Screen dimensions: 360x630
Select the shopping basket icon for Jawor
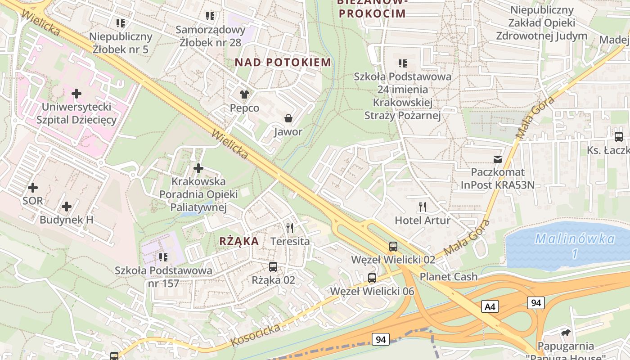click(x=288, y=118)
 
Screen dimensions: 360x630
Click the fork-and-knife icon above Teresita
click(x=290, y=228)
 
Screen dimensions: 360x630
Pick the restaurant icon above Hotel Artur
click(x=422, y=207)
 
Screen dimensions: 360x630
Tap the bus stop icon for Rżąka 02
click(x=273, y=267)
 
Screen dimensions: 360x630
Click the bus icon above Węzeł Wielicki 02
click(x=393, y=246)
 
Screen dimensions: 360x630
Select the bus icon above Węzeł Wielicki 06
click(x=372, y=278)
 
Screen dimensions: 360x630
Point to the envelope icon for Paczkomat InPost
click(x=498, y=159)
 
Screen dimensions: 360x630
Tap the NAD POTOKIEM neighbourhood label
click(x=283, y=62)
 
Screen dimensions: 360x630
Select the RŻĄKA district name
click(x=239, y=241)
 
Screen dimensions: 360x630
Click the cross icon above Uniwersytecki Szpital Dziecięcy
click(x=76, y=94)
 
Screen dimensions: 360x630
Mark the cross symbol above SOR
click(x=33, y=187)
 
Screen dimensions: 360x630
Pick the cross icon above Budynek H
click(x=67, y=207)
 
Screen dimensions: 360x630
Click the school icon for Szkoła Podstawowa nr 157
click(x=163, y=257)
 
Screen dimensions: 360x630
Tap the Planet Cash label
click(x=449, y=276)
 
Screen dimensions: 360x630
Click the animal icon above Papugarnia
click(x=566, y=333)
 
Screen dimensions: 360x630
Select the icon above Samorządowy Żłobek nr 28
click(x=210, y=16)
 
